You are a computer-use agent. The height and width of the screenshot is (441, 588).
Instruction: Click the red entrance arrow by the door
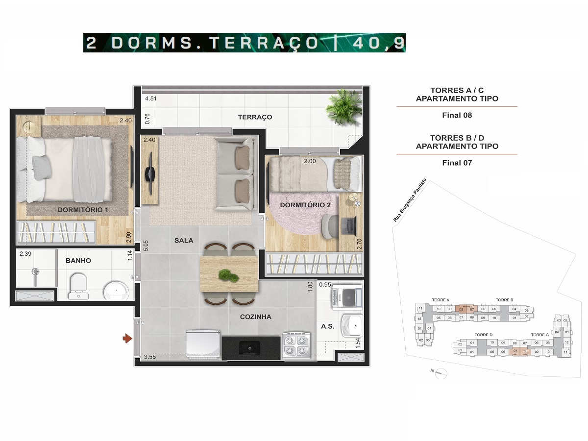(x=127, y=338)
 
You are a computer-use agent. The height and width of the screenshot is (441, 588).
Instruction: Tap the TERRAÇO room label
(x=255, y=117)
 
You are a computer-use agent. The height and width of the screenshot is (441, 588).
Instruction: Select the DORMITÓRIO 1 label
(x=83, y=210)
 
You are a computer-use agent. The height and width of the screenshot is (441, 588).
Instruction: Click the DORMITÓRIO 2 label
(x=305, y=205)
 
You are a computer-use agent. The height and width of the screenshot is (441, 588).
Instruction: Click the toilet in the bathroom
(x=77, y=286)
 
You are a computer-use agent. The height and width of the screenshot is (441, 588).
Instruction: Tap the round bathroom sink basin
(x=117, y=290)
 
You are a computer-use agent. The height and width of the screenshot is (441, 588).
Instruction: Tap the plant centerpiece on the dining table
(x=228, y=275)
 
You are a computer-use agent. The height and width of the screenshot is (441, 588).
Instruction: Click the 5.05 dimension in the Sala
(x=145, y=245)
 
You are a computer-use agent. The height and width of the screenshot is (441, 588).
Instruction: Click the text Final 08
(x=457, y=116)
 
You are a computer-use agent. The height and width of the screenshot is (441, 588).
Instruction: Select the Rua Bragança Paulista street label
(x=410, y=200)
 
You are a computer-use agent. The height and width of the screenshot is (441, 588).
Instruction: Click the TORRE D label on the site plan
(x=484, y=335)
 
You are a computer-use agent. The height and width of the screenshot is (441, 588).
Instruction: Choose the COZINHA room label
(x=255, y=317)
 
